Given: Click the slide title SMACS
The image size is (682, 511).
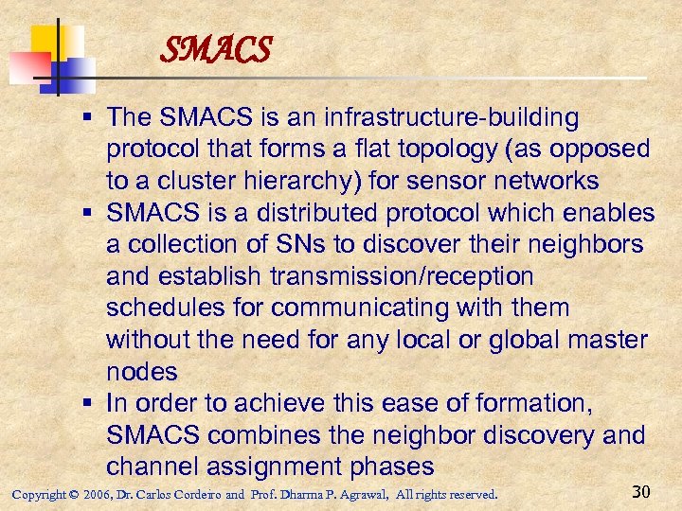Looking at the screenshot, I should tap(216, 48).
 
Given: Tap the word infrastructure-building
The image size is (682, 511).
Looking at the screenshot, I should tap(450, 118).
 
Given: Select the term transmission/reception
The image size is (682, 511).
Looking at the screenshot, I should tap(401, 277).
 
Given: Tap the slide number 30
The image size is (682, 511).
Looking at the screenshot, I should tap(642, 491).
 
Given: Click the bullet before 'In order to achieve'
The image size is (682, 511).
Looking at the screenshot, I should tap(87, 404).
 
